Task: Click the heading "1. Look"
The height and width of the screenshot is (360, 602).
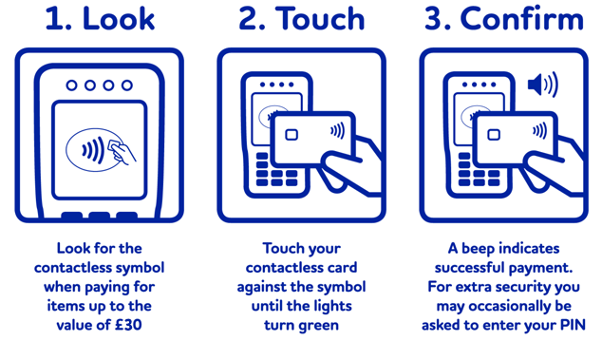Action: (100, 20)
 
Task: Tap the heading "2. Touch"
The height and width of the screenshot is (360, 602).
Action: (301, 20)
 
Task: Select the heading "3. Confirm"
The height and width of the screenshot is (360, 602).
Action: (503, 20)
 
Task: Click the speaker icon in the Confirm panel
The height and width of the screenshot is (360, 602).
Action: (542, 85)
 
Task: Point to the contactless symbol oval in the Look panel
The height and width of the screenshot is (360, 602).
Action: (100, 150)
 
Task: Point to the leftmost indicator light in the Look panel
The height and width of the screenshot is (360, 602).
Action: (72, 85)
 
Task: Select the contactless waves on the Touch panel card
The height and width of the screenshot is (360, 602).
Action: (337, 131)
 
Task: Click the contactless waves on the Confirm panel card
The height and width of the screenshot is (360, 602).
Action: (539, 131)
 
